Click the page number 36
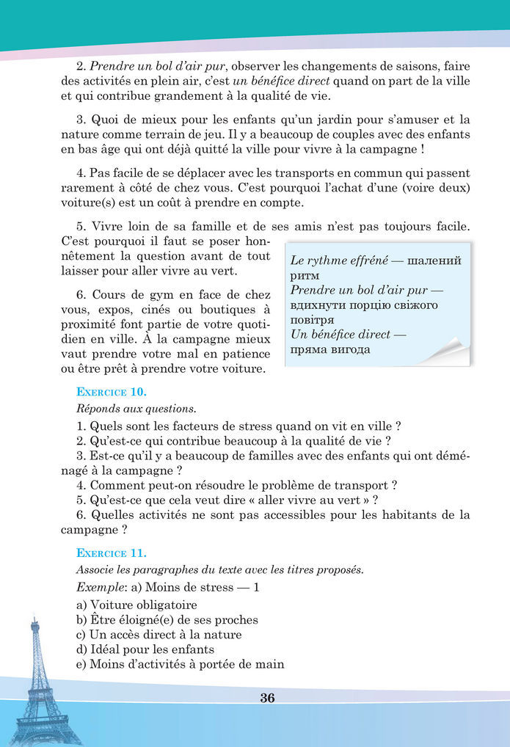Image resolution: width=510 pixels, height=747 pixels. (x=267, y=698)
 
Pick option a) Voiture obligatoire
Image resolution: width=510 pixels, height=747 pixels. (x=136, y=605)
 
